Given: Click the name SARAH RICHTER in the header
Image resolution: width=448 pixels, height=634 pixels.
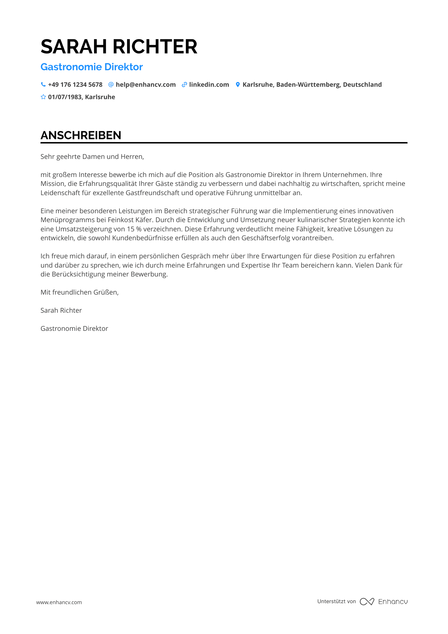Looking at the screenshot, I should [x=119, y=47].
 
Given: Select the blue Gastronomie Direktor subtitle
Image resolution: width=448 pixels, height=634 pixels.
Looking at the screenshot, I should [x=92, y=67].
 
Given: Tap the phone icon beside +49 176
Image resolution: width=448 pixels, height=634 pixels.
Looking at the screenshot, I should [x=43, y=85].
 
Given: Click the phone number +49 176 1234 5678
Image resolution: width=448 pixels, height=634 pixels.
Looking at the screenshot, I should [x=75, y=85].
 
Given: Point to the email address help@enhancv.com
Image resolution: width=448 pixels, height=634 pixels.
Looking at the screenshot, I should [x=146, y=85].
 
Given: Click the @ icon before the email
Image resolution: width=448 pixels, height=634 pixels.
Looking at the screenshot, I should [x=111, y=85].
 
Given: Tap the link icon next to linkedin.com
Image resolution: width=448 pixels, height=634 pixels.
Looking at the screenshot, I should [x=184, y=85].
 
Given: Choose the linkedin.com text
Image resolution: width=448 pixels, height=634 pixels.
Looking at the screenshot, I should [x=209, y=85].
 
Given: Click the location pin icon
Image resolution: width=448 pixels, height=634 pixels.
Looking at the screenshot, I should [x=238, y=85].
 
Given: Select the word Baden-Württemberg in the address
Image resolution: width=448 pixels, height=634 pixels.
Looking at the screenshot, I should [x=308, y=85].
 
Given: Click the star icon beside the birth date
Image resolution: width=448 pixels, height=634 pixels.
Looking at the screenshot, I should [x=43, y=97].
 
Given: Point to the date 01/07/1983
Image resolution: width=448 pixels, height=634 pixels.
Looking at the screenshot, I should [x=65, y=97].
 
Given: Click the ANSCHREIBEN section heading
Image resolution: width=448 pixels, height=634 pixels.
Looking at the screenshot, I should [x=81, y=135].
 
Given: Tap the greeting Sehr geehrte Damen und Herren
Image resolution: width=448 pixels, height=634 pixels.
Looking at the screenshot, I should [x=92, y=157].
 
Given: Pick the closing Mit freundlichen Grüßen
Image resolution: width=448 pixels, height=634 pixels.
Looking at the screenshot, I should [x=79, y=292].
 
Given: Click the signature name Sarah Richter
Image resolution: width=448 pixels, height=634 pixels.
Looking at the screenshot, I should [x=61, y=310].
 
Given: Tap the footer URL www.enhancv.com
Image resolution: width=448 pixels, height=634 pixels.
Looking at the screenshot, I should [x=59, y=602].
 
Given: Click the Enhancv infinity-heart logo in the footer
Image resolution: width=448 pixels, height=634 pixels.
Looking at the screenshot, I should [x=367, y=602].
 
